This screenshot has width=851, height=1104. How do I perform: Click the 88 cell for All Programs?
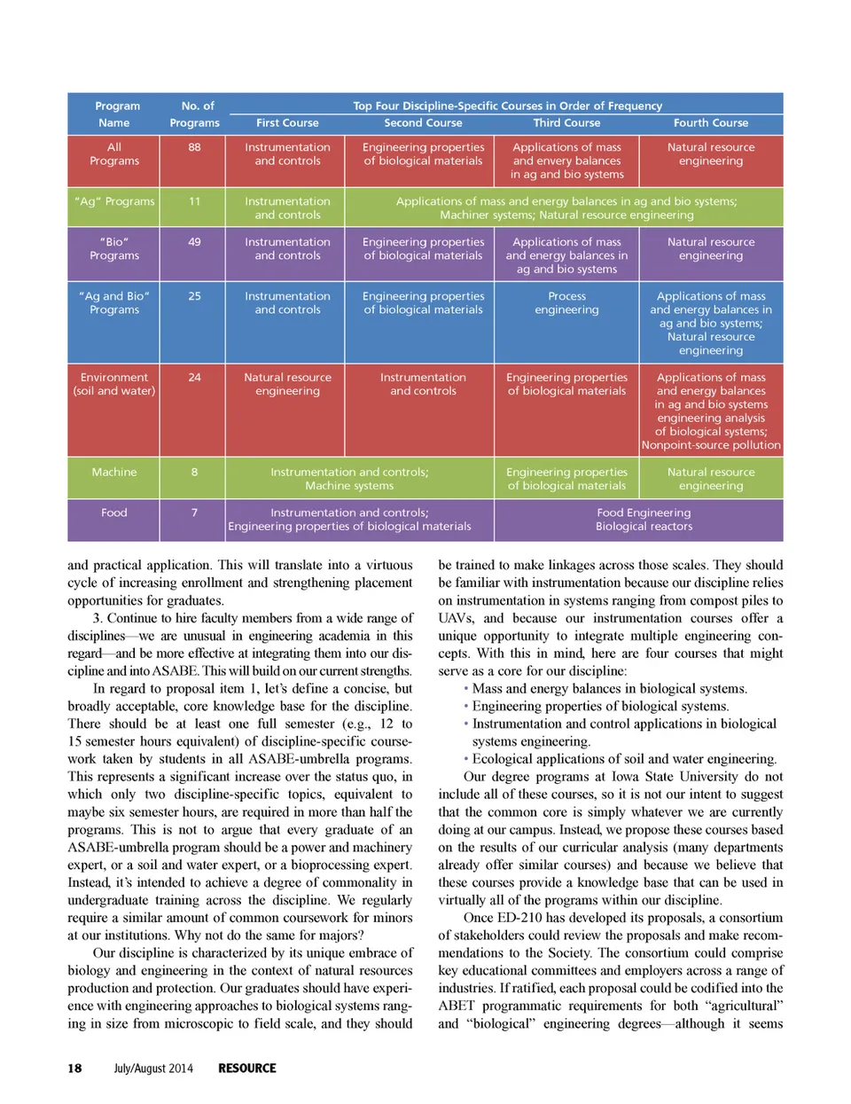click(194, 147)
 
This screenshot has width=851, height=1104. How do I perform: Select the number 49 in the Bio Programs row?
click(194, 241)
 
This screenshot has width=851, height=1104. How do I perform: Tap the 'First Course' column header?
click(287, 123)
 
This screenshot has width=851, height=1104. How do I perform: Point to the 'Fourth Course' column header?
click(710, 123)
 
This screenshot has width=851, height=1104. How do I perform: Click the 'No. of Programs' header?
click(195, 114)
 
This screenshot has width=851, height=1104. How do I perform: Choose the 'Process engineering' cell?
click(566, 303)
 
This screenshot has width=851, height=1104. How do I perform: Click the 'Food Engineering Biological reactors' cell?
click(644, 520)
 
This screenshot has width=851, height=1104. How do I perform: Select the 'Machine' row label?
click(114, 472)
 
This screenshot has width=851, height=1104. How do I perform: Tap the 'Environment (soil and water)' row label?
click(114, 384)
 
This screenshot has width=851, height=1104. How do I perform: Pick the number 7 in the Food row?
click(194, 513)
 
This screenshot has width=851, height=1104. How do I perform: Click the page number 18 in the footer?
click(74, 1069)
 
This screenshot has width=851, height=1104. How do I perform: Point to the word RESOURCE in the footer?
click(247, 1069)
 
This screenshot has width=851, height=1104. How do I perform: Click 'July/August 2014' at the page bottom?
click(152, 1069)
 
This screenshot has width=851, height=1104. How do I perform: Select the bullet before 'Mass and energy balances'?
click(466, 688)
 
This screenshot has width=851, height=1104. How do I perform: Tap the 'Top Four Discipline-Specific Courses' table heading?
click(507, 106)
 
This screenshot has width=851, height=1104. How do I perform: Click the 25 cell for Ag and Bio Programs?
click(194, 296)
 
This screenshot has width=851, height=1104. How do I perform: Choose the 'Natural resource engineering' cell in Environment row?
click(287, 384)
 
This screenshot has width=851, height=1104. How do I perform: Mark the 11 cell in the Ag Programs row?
click(194, 201)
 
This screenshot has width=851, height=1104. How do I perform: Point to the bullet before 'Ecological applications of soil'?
click(466, 759)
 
